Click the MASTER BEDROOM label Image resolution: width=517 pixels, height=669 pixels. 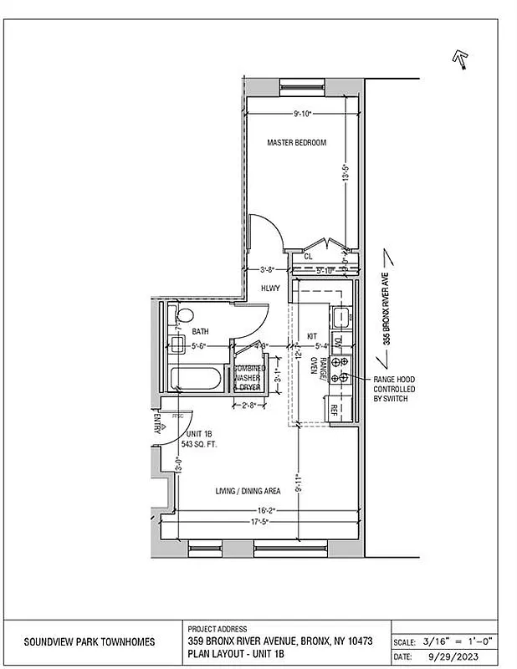pyautogui.click(x=296, y=143)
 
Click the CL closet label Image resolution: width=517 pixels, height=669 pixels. pyautogui.click(x=308, y=257)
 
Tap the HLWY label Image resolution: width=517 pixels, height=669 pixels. pyautogui.click(x=269, y=289)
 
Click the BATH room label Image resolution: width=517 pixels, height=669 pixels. pyautogui.click(x=200, y=332)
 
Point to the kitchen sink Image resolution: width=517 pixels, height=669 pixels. pyautogui.click(x=340, y=317)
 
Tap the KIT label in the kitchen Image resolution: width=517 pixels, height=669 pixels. pyautogui.click(x=312, y=335)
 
